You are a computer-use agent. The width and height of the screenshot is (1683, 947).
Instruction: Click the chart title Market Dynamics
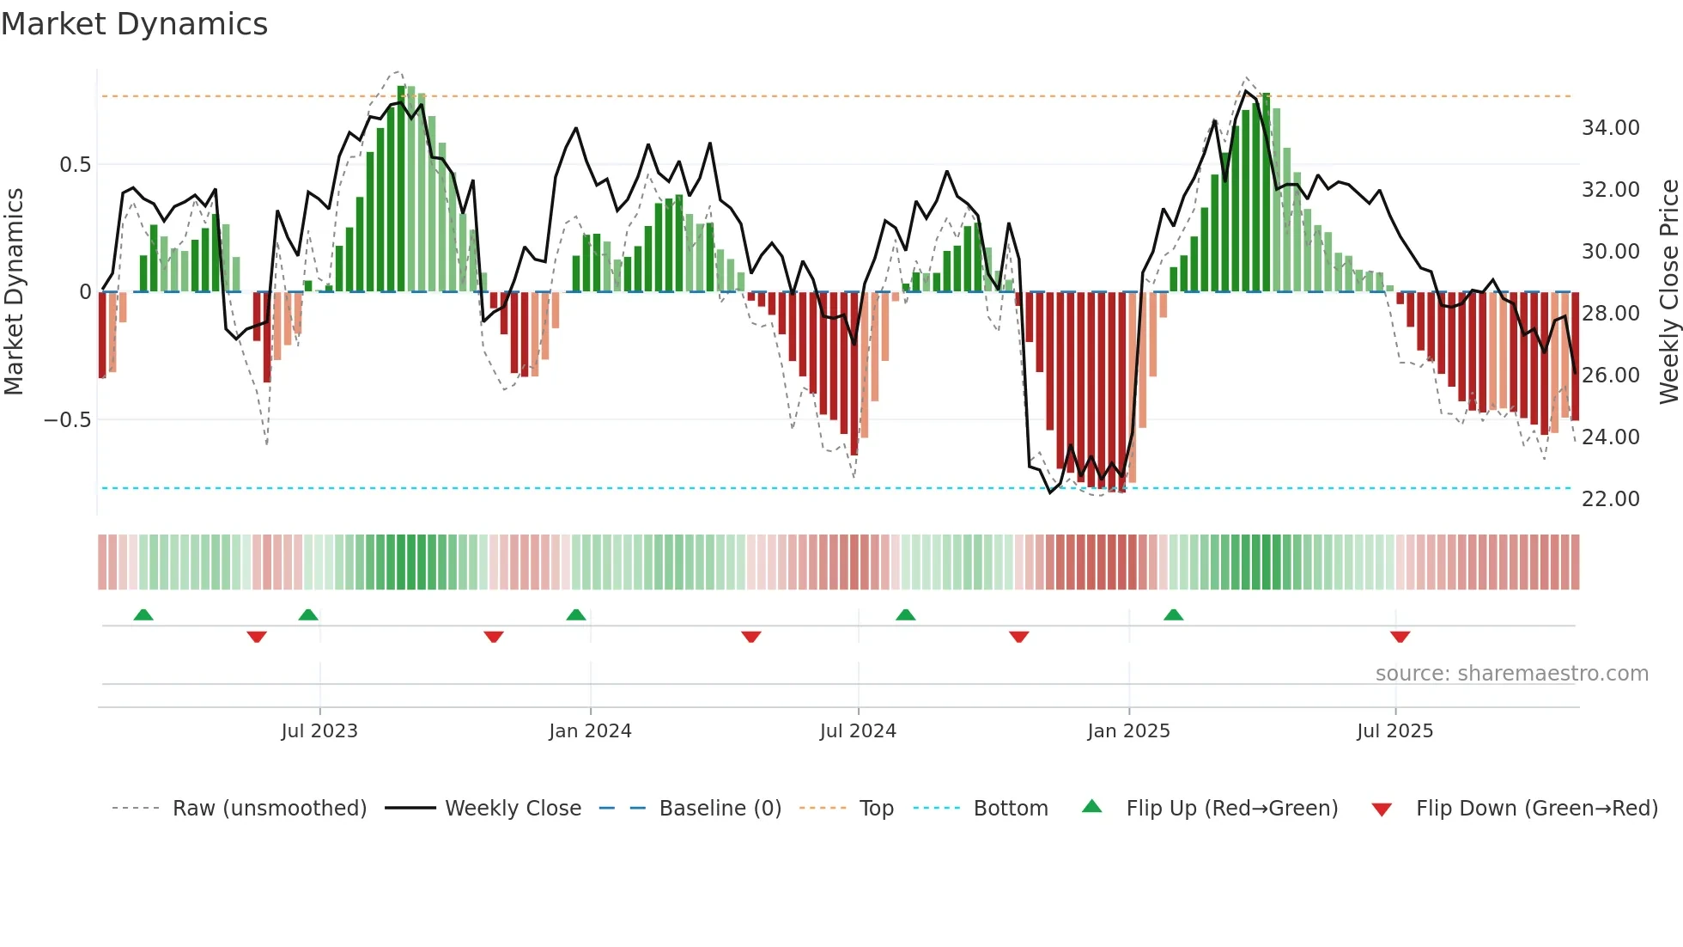[135, 24]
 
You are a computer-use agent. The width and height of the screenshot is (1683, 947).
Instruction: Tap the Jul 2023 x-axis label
[319, 731]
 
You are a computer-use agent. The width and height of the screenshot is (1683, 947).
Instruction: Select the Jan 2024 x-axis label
[590, 731]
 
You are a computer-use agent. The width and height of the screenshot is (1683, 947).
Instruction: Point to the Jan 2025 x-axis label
[1128, 731]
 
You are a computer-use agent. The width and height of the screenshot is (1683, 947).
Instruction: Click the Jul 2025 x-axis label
[1394, 731]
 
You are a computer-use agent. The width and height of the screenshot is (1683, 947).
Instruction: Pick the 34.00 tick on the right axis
[1610, 128]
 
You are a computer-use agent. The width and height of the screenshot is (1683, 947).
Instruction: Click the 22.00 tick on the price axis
[1610, 499]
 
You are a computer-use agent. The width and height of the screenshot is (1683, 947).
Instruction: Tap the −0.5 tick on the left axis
[67, 420]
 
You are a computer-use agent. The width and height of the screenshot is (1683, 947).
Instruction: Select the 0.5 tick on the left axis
[75, 165]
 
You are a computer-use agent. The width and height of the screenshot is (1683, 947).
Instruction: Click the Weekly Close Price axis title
[1668, 292]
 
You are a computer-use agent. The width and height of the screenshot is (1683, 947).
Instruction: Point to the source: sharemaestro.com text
[1511, 674]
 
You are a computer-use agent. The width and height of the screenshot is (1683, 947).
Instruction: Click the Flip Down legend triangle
[1382, 810]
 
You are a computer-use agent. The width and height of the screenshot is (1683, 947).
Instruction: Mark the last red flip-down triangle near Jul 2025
[1400, 637]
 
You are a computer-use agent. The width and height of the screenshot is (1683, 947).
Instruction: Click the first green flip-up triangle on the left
[143, 615]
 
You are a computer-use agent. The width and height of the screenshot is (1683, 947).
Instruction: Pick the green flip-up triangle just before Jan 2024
[576, 615]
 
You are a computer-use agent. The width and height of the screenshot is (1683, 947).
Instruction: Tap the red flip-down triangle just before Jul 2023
[257, 637]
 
